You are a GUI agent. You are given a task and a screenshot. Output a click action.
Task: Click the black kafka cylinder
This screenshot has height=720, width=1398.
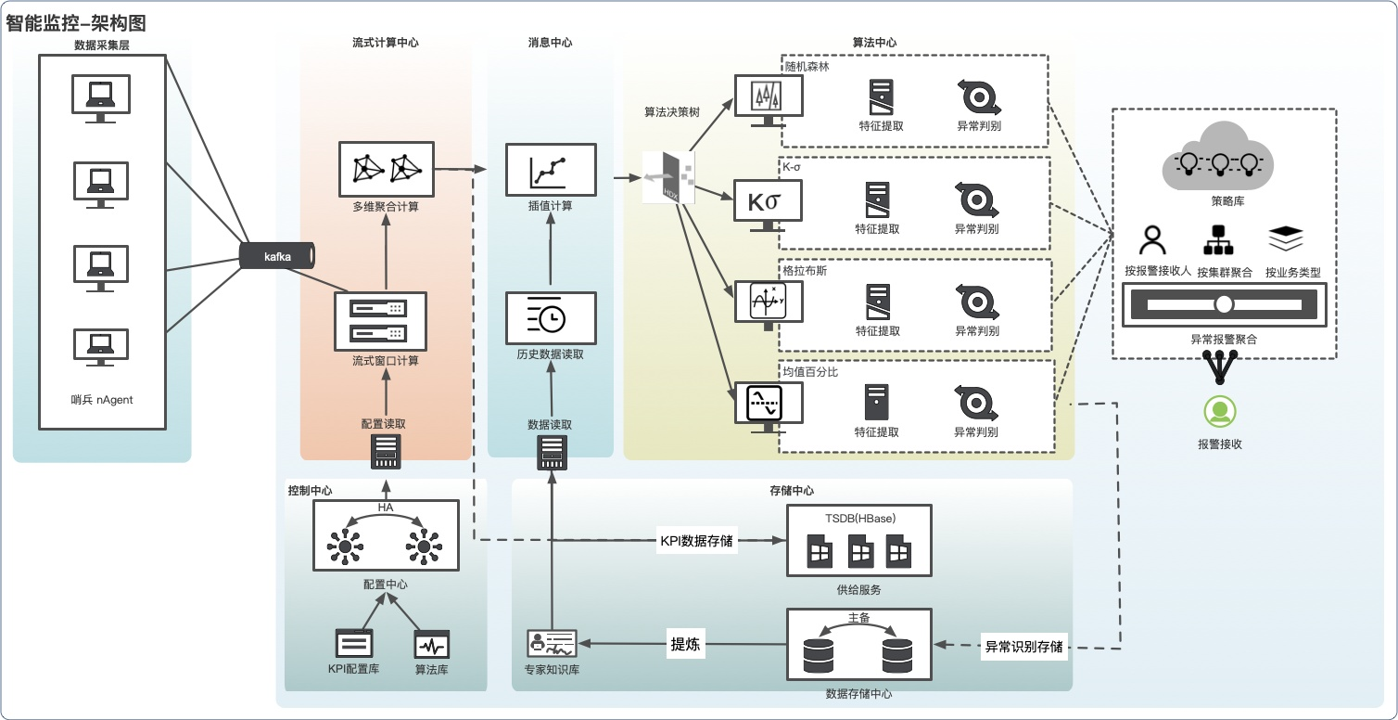click(277, 256)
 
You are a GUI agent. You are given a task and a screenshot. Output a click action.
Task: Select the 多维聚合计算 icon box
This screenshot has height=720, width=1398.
click(387, 169)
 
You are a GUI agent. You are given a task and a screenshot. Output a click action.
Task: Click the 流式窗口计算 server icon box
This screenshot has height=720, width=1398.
click(380, 320)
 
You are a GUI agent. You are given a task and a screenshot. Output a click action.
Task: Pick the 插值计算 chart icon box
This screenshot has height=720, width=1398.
click(550, 170)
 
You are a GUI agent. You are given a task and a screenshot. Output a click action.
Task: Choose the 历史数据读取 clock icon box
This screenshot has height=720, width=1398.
click(550, 318)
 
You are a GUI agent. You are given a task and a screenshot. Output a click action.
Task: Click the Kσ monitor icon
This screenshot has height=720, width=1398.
click(768, 203)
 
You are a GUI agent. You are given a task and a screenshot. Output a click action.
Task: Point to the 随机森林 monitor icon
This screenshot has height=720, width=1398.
click(768, 96)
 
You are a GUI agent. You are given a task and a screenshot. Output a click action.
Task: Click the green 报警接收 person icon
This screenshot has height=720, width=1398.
click(1220, 411)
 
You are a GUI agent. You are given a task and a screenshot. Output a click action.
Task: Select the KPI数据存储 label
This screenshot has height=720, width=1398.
click(696, 541)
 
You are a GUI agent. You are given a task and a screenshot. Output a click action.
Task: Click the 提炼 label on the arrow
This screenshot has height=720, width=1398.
click(685, 645)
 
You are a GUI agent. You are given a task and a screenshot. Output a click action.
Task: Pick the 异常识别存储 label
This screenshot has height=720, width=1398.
click(1023, 647)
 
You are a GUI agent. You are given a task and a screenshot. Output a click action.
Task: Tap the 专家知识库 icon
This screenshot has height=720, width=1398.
click(552, 643)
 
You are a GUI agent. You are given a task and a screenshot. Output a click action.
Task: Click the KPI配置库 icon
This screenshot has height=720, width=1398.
click(354, 643)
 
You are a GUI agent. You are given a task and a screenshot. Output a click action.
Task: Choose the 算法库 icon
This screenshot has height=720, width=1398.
click(431, 644)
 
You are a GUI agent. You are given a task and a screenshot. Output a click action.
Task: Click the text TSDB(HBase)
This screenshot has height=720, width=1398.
click(859, 518)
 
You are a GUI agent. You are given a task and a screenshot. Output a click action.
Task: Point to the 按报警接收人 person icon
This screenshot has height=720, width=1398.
click(1152, 241)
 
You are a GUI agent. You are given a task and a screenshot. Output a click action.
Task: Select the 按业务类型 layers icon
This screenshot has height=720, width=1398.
click(1286, 239)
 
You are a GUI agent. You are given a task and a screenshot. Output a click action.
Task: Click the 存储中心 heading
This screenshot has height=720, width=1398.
click(792, 491)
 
